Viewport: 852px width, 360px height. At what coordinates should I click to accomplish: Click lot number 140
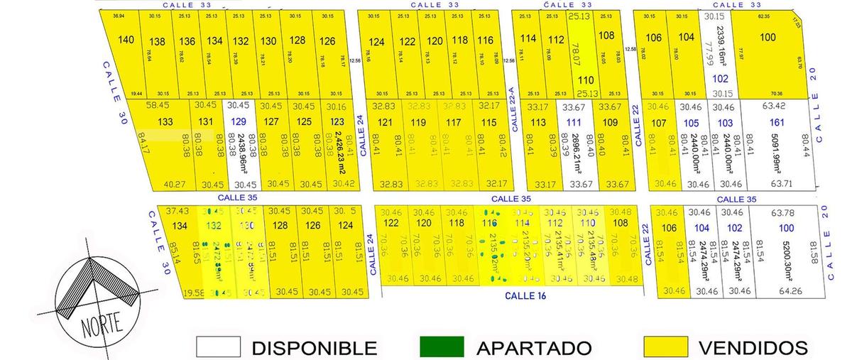125,40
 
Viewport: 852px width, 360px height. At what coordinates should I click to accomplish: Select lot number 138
158,41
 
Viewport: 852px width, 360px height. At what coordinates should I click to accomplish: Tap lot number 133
165,121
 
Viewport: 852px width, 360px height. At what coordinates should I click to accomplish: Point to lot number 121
386,122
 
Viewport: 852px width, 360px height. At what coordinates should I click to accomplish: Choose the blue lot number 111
574,122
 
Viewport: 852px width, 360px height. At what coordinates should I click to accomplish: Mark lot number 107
659,122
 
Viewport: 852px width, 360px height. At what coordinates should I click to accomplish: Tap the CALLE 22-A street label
513,109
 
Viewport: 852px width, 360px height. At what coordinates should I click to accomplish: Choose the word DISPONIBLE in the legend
314,348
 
